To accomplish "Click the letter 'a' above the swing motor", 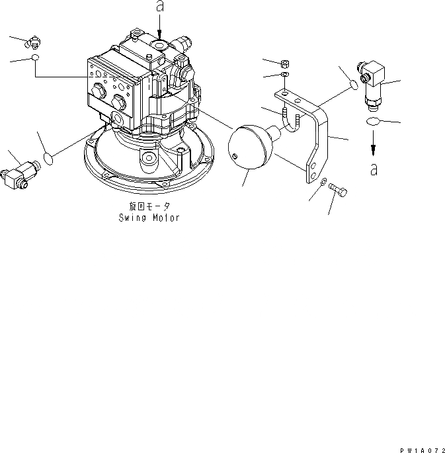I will coord(159,7).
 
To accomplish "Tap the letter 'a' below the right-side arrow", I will coord(375,170).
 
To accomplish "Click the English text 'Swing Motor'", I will coord(149,218).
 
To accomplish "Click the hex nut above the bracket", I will coord(285,65).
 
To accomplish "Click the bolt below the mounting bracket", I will coord(338,191).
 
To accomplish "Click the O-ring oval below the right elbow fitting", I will coord(373,122).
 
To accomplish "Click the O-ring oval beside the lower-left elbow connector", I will coord(48,157).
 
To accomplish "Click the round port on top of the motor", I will coord(159,44).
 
